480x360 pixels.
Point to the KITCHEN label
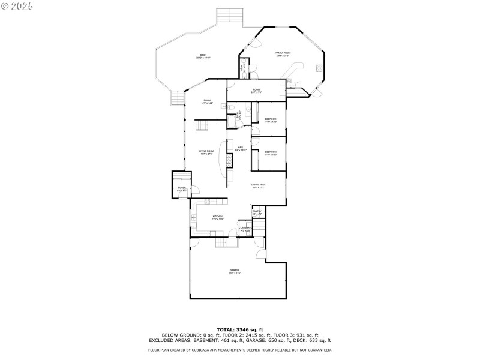(x=217, y=217)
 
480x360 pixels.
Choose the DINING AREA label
(x=259, y=185)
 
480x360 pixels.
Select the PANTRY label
(x=257, y=212)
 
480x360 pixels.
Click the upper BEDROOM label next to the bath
(x=271, y=120)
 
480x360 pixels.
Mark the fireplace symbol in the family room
(x=318, y=69)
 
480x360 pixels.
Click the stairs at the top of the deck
(x=229, y=16)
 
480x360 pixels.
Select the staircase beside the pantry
(x=258, y=228)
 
